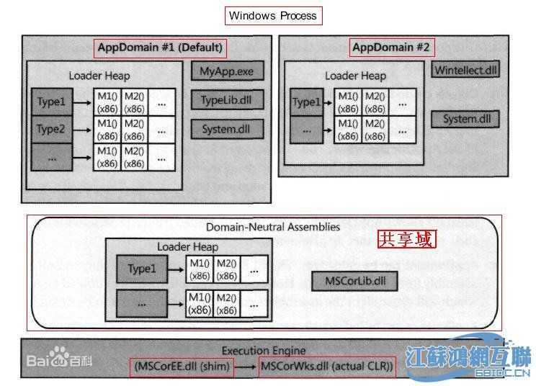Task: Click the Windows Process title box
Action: click(x=272, y=15)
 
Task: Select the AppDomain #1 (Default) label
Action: click(x=160, y=48)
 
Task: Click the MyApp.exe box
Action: click(x=227, y=71)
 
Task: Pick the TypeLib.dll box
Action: click(x=227, y=100)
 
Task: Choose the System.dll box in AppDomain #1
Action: click(x=227, y=130)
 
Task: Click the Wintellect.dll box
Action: click(x=466, y=71)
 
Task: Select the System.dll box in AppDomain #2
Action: click(x=465, y=119)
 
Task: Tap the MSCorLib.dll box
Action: click(x=354, y=280)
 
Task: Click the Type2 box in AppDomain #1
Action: click(x=51, y=130)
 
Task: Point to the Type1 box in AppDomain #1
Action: click(x=51, y=102)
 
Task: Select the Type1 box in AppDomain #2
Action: click(x=306, y=102)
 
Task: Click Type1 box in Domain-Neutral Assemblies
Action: click(x=142, y=269)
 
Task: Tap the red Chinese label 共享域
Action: click(x=407, y=239)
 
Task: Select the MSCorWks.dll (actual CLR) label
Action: click(x=327, y=367)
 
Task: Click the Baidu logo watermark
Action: click(x=54, y=358)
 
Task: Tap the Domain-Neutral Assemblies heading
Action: click(x=273, y=227)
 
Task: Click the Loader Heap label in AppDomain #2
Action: click(x=355, y=76)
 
